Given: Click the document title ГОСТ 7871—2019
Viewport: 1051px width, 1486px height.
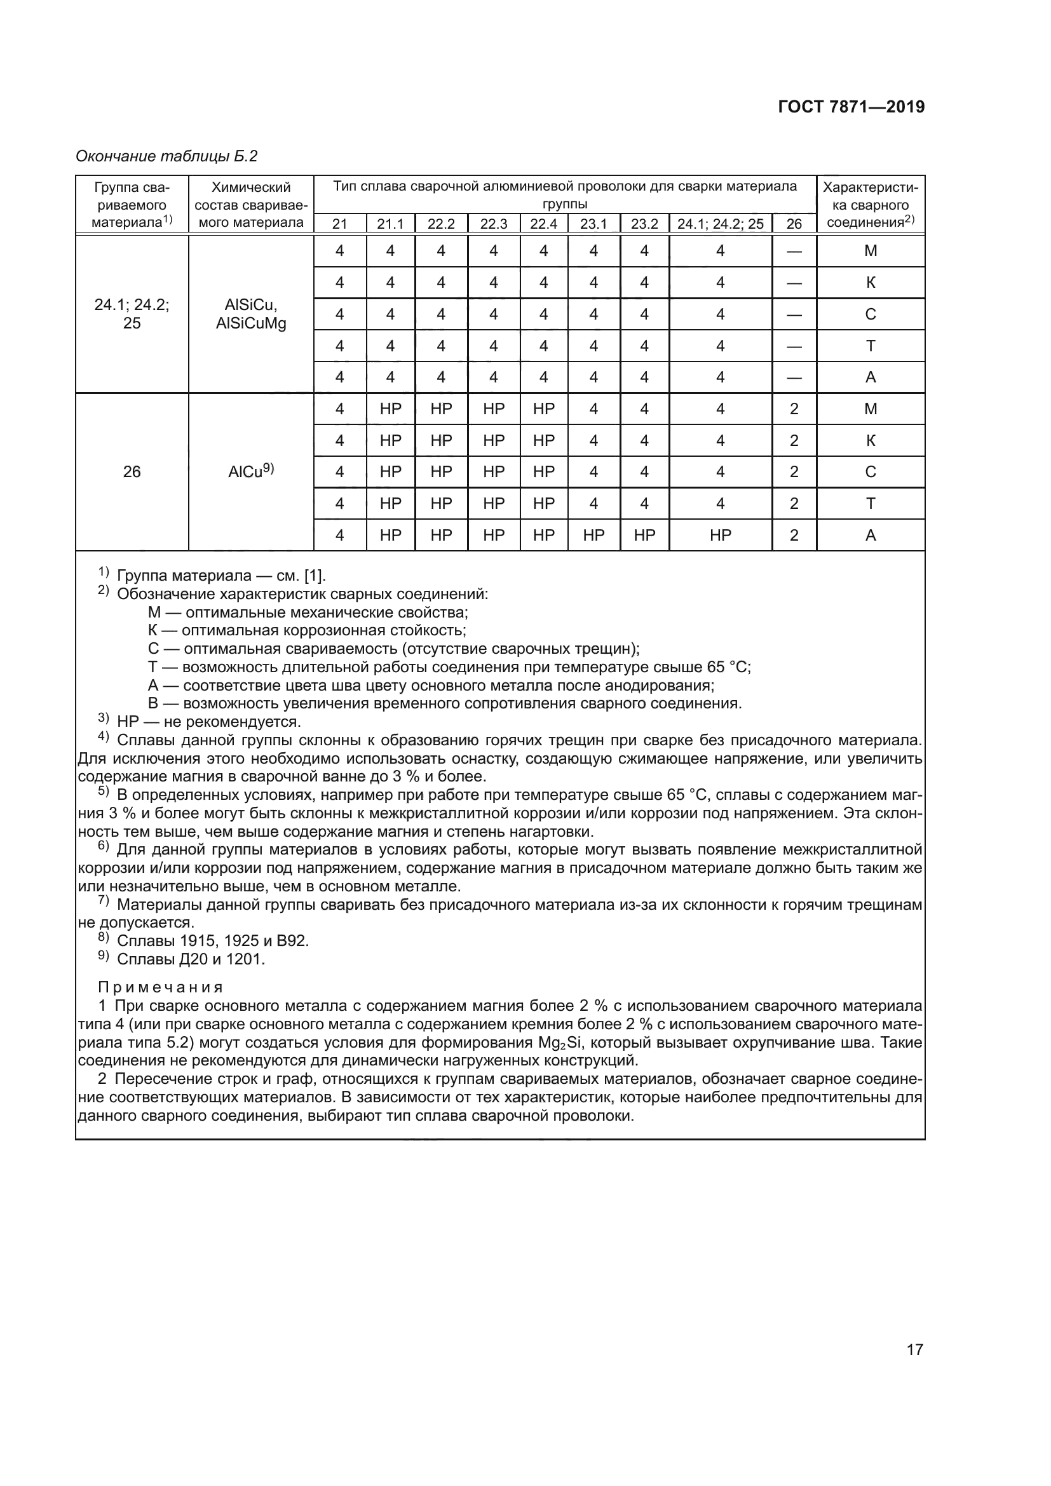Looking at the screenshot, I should pos(851,107).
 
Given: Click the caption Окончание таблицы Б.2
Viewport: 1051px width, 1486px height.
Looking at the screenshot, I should pos(166,156).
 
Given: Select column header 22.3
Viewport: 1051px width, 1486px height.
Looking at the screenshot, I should pos(493,224).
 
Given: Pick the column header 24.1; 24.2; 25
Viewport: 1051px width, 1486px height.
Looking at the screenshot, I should pos(720,224).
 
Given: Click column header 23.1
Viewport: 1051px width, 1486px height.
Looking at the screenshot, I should pos(593,224).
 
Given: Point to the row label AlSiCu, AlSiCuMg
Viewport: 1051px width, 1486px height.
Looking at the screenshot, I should pos(250,314).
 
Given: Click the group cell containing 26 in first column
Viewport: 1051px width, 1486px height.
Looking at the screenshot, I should pos(132,472).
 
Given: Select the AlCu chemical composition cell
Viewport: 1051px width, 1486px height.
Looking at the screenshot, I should pos(250,472).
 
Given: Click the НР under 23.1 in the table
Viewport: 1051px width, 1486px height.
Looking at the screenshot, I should pos(593,535).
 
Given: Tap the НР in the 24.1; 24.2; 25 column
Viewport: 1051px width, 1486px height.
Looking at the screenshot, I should pos(720,535).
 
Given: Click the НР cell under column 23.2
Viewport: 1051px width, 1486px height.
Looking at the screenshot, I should pos(644,535).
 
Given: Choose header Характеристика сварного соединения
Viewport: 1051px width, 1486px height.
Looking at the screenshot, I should pos(870,205).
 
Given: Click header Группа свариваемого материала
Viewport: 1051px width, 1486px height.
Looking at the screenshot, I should pos(132,205).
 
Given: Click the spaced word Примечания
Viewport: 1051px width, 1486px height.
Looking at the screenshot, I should pos(160,988).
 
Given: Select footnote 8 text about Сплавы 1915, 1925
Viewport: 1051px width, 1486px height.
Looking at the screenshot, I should pos(212,940).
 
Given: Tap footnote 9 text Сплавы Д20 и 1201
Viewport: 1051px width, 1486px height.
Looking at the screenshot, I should pos(191,959).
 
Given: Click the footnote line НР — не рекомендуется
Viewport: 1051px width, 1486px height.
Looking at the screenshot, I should pos(208,721).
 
